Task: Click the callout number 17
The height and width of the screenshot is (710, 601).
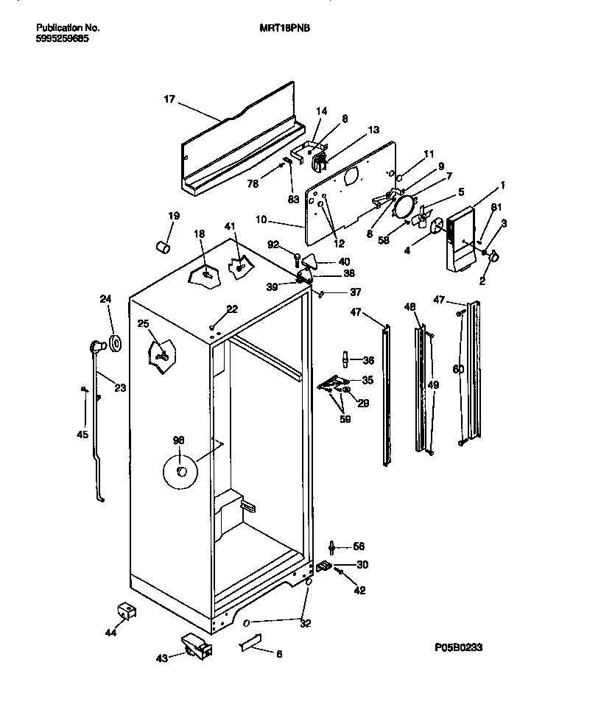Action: coord(169,99)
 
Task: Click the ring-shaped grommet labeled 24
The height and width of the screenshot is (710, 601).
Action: coord(116,343)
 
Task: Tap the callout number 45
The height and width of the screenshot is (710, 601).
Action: coord(82,435)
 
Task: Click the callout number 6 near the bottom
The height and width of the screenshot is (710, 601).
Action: coord(279,653)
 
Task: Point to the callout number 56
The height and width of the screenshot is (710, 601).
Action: coord(359,546)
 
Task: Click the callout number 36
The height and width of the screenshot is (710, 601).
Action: coord(368,360)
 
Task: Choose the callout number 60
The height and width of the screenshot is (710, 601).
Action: coord(458,369)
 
